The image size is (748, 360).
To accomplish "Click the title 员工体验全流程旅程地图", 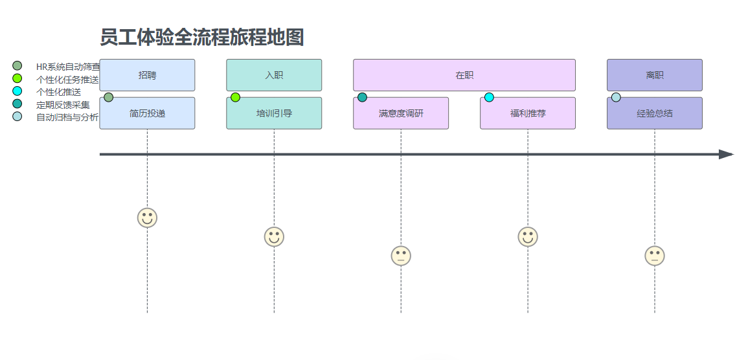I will (201, 38).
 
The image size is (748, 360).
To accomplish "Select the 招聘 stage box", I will (147, 75).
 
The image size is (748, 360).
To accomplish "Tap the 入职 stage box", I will (274, 75).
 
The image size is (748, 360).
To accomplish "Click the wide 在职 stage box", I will (464, 75).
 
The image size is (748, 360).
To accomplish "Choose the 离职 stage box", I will (654, 75).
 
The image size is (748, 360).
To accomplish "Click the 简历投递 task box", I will (147, 114).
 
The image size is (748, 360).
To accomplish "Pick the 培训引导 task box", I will (274, 114).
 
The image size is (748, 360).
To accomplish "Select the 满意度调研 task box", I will (401, 114).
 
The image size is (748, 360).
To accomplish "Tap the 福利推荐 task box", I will (528, 114).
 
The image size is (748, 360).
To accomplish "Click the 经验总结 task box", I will (654, 114).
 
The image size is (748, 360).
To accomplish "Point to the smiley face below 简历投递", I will (147, 218).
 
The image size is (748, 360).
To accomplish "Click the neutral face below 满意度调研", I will (401, 256).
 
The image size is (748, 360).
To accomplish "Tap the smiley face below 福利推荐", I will (528, 237).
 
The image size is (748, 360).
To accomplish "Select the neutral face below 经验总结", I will (655, 256).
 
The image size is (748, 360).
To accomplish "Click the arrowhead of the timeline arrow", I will (726, 154).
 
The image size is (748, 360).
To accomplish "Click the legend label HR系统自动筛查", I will (68, 67).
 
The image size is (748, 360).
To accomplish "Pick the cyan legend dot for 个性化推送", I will (17, 91).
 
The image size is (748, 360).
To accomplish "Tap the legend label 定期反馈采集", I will (63, 104).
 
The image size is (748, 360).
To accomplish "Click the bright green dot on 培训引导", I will (236, 97).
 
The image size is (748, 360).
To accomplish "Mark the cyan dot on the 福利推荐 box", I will (490, 97).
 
